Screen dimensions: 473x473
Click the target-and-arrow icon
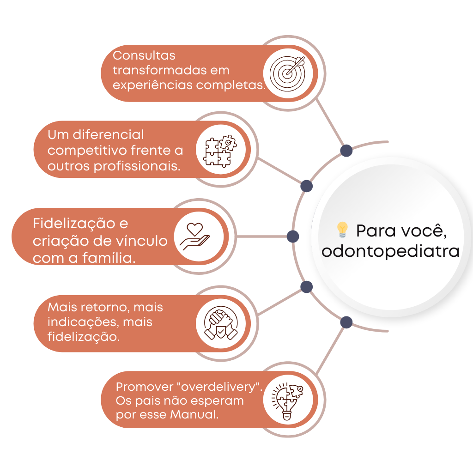(x=288, y=73)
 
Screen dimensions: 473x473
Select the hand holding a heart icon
(x=195, y=236)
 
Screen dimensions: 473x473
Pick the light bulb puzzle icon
(x=287, y=400)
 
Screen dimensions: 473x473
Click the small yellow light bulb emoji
(x=342, y=230)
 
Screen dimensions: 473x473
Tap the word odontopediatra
(x=390, y=252)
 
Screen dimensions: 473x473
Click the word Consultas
(x=144, y=55)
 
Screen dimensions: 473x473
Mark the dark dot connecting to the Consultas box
(x=346, y=151)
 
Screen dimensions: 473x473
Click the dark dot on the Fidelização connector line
(x=293, y=236)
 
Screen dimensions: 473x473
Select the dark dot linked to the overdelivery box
(x=346, y=322)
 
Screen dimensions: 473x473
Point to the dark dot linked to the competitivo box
(x=306, y=186)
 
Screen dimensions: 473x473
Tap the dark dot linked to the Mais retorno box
(x=306, y=287)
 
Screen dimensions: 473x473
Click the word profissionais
(x=137, y=166)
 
